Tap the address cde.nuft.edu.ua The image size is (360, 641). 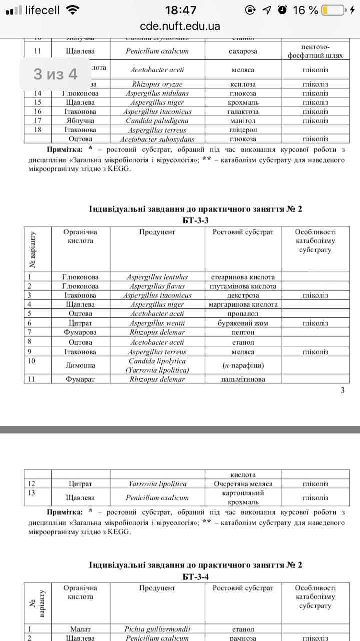(180, 26)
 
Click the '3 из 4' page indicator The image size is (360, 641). (55, 74)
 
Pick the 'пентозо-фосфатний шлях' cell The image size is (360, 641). (315, 51)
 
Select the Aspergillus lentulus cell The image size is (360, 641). (157, 277)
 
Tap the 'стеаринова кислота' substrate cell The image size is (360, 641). (243, 277)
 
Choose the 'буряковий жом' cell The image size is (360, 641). (243, 323)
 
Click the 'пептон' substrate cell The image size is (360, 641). (243, 332)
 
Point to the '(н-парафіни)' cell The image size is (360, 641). (243, 365)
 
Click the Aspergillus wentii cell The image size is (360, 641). (157, 323)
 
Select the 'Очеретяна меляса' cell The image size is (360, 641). (243, 484)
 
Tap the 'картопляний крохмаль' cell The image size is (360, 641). (243, 497)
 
